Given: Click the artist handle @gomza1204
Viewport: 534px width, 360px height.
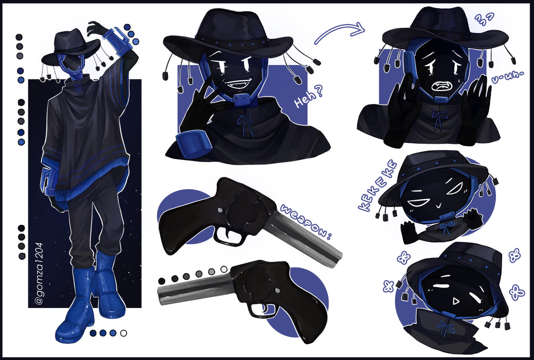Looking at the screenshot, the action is pyautogui.click(x=39, y=274).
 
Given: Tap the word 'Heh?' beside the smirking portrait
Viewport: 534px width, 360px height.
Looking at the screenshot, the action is pyautogui.click(x=309, y=96).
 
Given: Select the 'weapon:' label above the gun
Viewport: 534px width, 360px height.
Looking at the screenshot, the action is pyautogui.click(x=306, y=222).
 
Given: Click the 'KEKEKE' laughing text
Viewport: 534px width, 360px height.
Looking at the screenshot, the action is pyautogui.click(x=378, y=186).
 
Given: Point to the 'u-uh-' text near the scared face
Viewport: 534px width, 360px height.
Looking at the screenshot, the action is pyautogui.click(x=507, y=78).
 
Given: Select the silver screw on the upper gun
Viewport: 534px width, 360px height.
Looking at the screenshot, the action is pyautogui.click(x=220, y=210).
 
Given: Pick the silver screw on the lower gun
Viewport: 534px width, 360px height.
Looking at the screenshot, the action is pyautogui.click(x=277, y=291).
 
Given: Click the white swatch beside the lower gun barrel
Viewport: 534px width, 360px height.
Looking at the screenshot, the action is pyautogui.click(x=224, y=269).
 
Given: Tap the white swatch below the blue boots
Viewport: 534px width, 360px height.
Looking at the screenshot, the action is pyautogui.click(x=123, y=333).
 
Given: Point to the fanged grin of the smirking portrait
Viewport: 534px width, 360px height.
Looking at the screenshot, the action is pyautogui.click(x=239, y=84).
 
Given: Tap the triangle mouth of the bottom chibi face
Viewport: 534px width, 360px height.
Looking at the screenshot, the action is pyautogui.click(x=456, y=302).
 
